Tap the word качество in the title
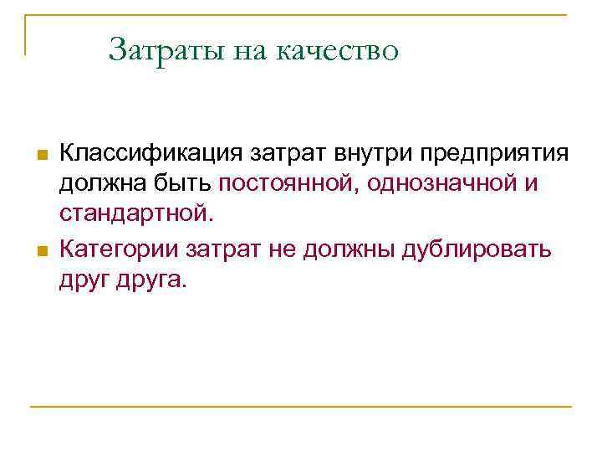(339, 50)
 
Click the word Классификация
(148, 154)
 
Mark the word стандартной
(136, 215)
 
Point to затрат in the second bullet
(223, 249)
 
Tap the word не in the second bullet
(287, 249)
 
